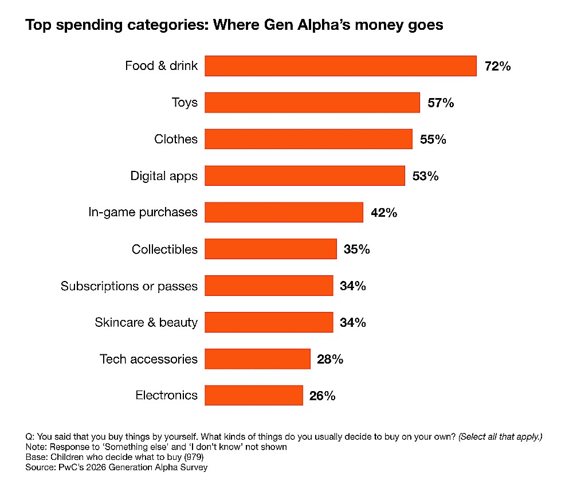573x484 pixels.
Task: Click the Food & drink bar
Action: click(x=340, y=66)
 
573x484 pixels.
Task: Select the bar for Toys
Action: click(x=312, y=103)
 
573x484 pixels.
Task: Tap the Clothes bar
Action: click(x=308, y=139)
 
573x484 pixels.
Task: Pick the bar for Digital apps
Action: click(x=305, y=176)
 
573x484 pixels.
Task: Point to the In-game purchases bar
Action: click(x=284, y=212)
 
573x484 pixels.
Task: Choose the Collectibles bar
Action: click(x=270, y=249)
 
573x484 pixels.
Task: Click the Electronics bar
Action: click(x=254, y=395)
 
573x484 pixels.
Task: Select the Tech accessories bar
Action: click(x=257, y=359)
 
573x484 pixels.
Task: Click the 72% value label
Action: click(x=497, y=66)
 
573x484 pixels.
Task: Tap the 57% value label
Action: click(x=441, y=103)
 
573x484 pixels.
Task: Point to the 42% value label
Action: click(x=384, y=213)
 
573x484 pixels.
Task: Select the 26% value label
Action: click(x=322, y=396)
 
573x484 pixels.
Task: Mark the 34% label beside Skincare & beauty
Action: click(x=352, y=322)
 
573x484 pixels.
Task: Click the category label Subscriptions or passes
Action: click(x=129, y=286)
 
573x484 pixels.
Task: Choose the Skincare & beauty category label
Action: click(x=146, y=322)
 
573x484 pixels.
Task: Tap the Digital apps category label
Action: click(x=164, y=176)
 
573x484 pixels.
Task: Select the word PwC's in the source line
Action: click(x=66, y=467)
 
